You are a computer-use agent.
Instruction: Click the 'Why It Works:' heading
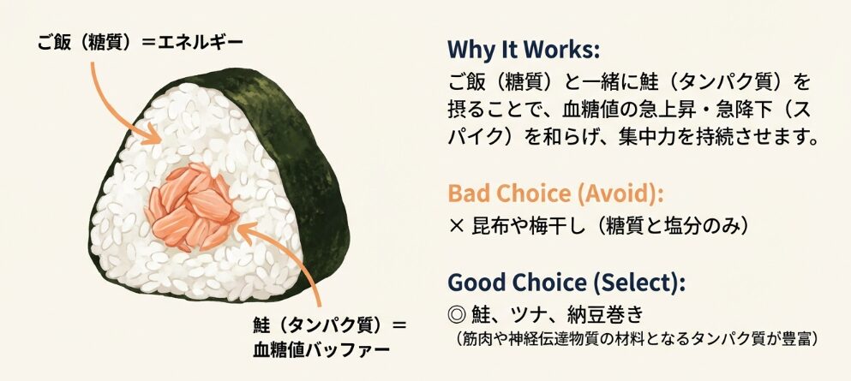pyautogui.click(x=524, y=51)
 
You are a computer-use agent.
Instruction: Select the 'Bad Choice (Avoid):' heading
pyautogui.click(x=555, y=194)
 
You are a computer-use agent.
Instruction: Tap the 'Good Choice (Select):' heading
pyautogui.click(x=566, y=283)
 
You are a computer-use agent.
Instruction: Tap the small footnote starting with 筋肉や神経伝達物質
pyautogui.click(x=634, y=340)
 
